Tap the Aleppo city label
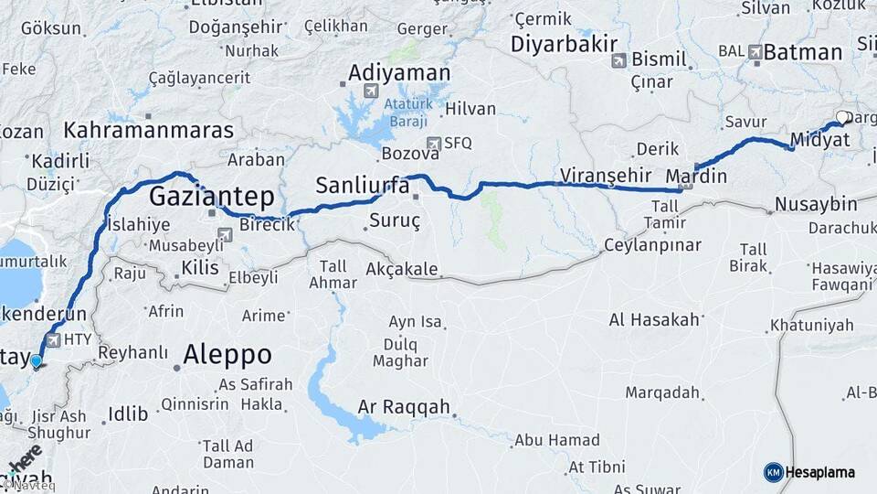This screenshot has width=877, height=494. tap(227, 354)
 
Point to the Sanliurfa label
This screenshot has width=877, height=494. tap(362, 186)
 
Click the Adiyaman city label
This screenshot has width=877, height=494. tap(399, 72)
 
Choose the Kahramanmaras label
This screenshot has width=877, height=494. tap(149, 130)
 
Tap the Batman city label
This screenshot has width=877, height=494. tap(802, 52)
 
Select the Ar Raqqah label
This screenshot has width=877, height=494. tap(404, 406)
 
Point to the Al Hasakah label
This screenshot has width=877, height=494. tap(654, 319)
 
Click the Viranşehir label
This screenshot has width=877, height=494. tap(605, 175)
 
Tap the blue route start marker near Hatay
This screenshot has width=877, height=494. tap(36, 362)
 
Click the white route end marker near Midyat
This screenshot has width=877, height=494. tap(842, 117)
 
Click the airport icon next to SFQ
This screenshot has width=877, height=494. tap(437, 143)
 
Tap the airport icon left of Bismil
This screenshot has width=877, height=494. tap(619, 60)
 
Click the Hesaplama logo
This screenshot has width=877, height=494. tap(809, 472)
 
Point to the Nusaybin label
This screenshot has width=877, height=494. tap(816, 203)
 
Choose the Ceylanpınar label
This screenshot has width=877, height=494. tap(652, 245)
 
